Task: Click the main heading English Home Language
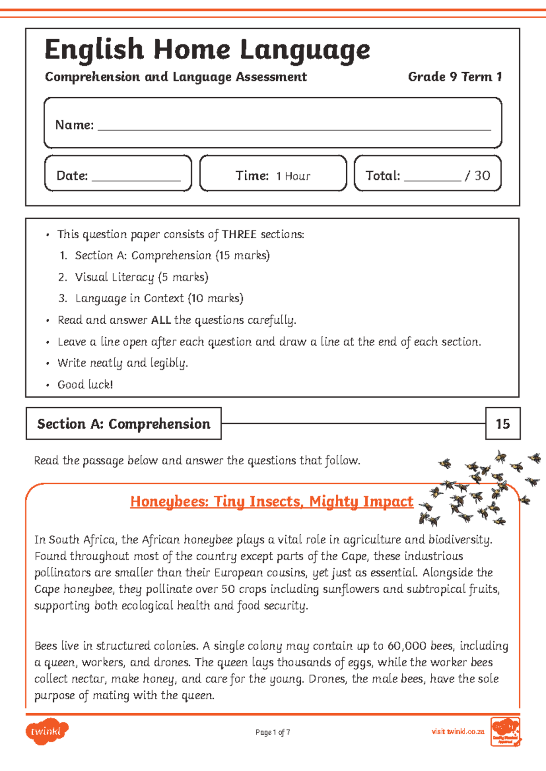pyautogui.click(x=207, y=50)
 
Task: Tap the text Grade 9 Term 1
pyautogui.click(x=455, y=77)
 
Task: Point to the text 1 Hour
pyautogui.click(x=293, y=176)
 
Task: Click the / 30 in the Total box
pyautogui.click(x=477, y=176)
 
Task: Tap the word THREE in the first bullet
pyautogui.click(x=239, y=235)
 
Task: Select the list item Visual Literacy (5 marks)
pyautogui.click(x=142, y=277)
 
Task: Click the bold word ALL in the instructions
pyautogui.click(x=161, y=320)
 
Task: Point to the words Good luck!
pyautogui.click(x=85, y=385)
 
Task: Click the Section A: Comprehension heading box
pyautogui.click(x=124, y=424)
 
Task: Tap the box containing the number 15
pyautogui.click(x=502, y=424)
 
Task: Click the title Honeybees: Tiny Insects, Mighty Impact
pyautogui.click(x=272, y=501)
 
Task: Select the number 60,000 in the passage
pyautogui.click(x=407, y=646)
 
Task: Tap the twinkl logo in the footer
pyautogui.click(x=46, y=731)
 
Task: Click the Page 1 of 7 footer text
pyautogui.click(x=273, y=732)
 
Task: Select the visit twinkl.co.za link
pyautogui.click(x=458, y=732)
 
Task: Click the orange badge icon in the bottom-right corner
pyautogui.click(x=506, y=732)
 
